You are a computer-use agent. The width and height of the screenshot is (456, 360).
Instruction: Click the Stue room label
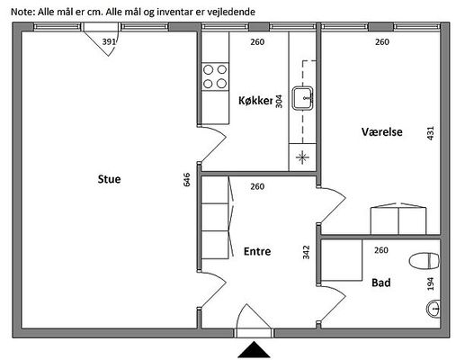tap(109, 179)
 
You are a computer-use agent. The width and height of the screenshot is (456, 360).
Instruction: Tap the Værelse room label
tap(382, 131)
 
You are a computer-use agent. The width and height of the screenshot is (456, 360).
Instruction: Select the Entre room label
tap(257, 251)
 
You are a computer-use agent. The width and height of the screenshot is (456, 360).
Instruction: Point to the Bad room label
tap(381, 283)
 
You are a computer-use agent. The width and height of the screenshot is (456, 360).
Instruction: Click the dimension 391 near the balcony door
tap(109, 41)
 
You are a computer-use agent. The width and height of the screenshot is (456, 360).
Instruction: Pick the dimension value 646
tap(186, 179)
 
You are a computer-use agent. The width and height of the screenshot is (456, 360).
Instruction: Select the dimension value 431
tap(430, 133)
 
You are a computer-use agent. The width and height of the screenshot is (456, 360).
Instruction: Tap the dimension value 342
tap(306, 252)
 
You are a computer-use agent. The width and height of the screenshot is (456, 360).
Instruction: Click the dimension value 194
tap(430, 283)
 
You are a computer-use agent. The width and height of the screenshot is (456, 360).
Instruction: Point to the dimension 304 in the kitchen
tap(279, 101)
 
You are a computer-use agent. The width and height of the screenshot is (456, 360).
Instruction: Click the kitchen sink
tap(303, 98)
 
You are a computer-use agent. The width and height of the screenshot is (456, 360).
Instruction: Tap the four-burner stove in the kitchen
tap(215, 76)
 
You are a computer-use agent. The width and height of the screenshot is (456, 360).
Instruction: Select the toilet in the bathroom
tap(425, 261)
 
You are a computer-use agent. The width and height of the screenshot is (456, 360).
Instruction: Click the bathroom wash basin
tap(433, 308)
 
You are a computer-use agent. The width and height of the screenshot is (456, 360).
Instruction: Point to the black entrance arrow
tap(254, 349)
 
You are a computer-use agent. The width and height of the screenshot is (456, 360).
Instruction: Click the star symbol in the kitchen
tap(302, 157)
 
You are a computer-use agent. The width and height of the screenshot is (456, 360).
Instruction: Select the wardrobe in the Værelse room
tap(398, 219)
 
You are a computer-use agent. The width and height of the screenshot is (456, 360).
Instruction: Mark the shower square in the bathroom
tap(342, 260)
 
